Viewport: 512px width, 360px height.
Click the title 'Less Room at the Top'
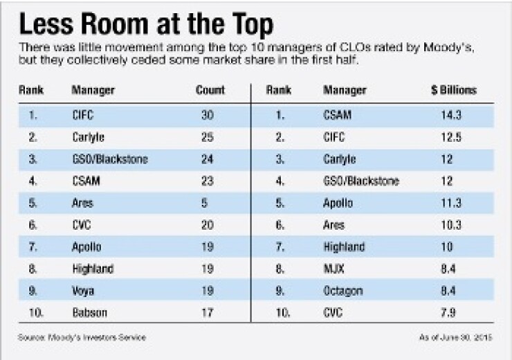147,25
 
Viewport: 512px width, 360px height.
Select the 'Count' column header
211,91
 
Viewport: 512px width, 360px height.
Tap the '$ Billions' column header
453,91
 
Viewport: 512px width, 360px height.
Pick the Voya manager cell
83,291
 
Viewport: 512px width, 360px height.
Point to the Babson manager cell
88,314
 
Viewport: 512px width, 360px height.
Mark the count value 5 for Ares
207,203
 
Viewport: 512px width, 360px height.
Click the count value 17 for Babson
207,314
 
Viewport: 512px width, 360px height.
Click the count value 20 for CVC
207,225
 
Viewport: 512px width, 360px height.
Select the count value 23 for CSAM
207,181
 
